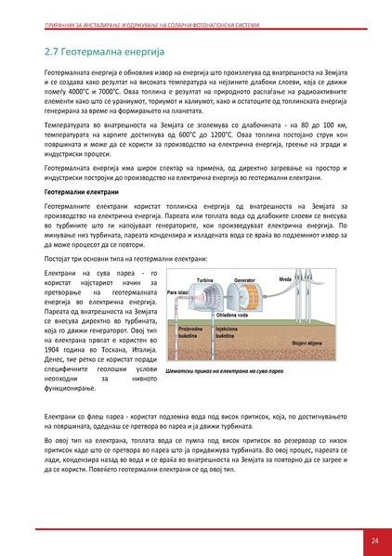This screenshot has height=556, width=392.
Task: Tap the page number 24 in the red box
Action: point(374,540)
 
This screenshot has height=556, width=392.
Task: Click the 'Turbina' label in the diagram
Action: point(205,278)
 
